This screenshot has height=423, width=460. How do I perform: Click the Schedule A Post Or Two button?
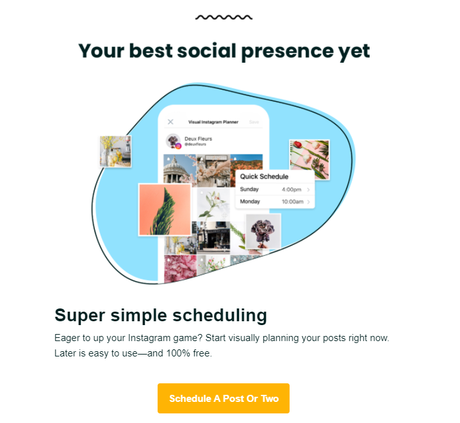(x=224, y=399)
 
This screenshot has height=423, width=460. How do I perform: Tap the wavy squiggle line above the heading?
(x=224, y=17)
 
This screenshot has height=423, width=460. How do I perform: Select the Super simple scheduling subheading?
(x=160, y=315)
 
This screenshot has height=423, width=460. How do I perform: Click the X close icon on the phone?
(x=170, y=122)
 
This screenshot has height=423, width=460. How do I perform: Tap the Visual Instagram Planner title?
(x=213, y=122)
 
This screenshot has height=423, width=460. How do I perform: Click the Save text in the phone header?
(x=254, y=122)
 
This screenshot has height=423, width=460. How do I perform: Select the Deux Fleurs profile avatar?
(x=173, y=141)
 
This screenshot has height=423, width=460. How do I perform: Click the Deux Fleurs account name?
(x=198, y=138)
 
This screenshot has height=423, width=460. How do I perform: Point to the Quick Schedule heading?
(x=264, y=177)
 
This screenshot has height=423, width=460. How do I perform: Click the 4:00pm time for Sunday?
(x=292, y=189)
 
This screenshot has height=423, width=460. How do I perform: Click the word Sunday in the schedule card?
(x=249, y=189)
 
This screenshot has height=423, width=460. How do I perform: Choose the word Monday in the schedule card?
(x=250, y=202)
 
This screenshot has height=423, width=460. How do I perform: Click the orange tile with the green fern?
(x=165, y=209)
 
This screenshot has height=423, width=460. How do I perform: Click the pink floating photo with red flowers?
(x=309, y=159)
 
